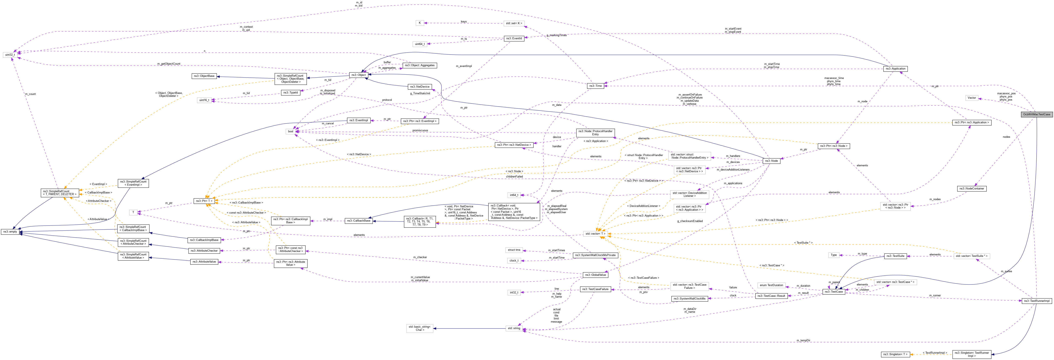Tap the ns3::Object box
pos(358,75)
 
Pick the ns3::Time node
pos(595,86)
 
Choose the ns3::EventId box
pos(514,38)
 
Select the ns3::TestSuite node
pos(895,256)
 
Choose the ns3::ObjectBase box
pos(204,76)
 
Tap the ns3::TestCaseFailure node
pos(595,289)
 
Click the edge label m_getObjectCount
pos(169,64)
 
